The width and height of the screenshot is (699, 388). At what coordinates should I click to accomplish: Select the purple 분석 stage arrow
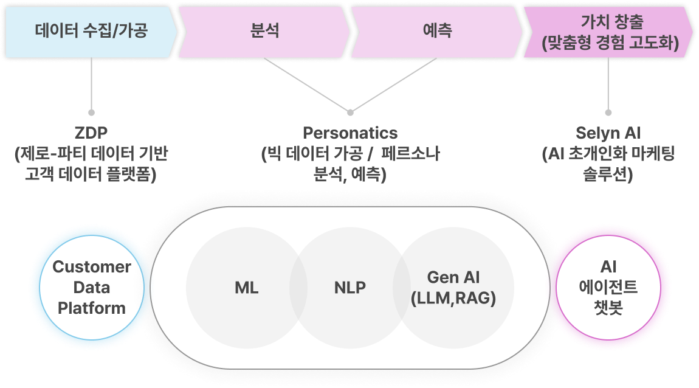265,31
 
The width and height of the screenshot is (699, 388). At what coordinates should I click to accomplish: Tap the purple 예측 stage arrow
437,31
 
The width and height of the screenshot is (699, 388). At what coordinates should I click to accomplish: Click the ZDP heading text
91,133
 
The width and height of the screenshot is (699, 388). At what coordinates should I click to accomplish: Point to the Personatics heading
350,133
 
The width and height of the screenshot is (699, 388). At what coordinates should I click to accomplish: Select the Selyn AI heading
608,133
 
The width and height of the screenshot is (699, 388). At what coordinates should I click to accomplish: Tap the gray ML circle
247,288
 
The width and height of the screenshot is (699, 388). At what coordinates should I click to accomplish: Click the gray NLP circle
350,288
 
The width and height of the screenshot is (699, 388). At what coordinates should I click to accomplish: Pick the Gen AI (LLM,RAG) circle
453,288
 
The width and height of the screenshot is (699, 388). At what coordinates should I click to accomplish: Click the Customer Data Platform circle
92,288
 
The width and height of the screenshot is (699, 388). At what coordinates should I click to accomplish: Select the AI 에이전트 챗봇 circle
608,288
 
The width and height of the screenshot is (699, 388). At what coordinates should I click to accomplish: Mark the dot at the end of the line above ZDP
91,113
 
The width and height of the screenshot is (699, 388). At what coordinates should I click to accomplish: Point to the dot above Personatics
350,112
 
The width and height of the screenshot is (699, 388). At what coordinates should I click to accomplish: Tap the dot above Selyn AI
608,113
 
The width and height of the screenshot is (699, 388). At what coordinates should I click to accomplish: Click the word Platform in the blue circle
92,308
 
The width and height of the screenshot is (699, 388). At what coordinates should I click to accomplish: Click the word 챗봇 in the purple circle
608,308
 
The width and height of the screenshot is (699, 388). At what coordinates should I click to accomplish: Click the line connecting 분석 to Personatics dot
307,85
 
